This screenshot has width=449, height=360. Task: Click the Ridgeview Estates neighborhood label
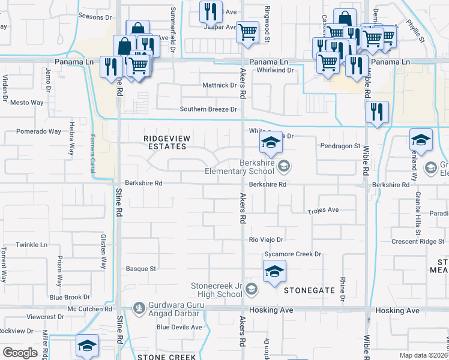(x=167, y=142)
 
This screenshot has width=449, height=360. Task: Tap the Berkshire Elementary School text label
(x=256, y=167)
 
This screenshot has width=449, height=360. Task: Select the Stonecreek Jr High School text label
(x=216, y=290)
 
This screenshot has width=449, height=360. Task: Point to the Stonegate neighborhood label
(x=309, y=290)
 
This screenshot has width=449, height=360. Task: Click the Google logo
(x=20, y=353)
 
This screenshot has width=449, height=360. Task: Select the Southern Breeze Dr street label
(x=209, y=109)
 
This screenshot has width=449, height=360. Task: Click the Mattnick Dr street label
(x=219, y=85)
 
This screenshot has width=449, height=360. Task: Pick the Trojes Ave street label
(x=324, y=211)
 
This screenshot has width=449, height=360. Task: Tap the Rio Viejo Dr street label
(x=266, y=239)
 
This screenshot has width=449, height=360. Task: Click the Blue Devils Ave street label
(x=179, y=327)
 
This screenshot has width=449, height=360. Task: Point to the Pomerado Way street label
(x=38, y=131)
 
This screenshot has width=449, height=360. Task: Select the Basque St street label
(x=140, y=269)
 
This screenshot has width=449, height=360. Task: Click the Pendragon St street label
(x=340, y=146)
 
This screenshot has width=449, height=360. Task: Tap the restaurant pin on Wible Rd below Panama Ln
(x=376, y=112)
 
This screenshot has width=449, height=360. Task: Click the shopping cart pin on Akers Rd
(x=247, y=32)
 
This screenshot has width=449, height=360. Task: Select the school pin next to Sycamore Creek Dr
(x=274, y=271)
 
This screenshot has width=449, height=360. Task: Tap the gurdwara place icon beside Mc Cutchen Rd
(x=140, y=307)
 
